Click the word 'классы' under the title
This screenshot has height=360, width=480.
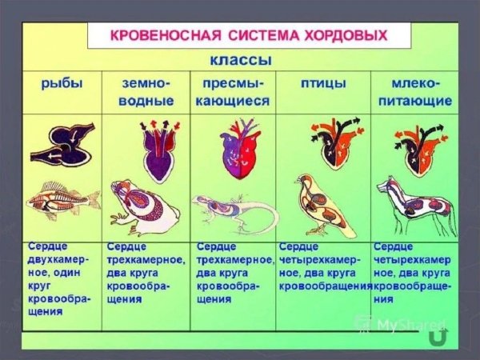coord(241,61)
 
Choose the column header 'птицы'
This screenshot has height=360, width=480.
coord(322,84)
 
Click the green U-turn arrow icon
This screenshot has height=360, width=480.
coord(437,338)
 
